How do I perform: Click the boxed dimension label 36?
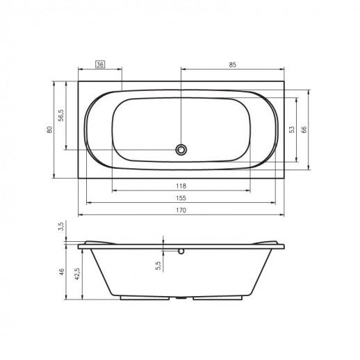(x=100, y=65)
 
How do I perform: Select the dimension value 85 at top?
(x=233, y=65)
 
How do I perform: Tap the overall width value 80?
(x=50, y=129)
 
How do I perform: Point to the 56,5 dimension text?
(x=61, y=115)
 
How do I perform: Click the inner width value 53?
(x=292, y=129)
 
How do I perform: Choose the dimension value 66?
(x=304, y=129)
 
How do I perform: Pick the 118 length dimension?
(x=181, y=186)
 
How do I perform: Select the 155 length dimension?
(x=181, y=198)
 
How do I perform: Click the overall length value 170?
(x=181, y=210)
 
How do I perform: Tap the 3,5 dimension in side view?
(x=61, y=227)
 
